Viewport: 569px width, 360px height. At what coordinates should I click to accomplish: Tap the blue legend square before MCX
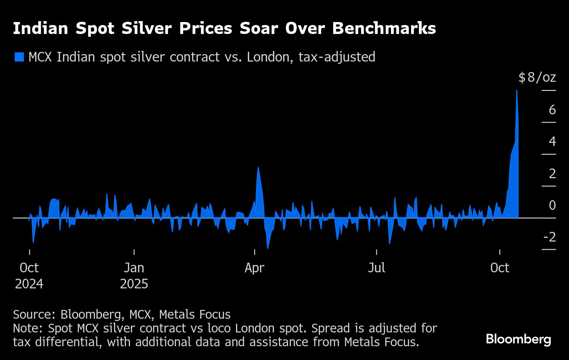[x=19, y=57]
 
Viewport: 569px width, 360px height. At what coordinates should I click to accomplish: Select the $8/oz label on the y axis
[x=537, y=78]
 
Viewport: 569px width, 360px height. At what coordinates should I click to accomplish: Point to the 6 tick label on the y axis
[x=552, y=110]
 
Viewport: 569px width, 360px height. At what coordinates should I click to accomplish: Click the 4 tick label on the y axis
[x=552, y=141]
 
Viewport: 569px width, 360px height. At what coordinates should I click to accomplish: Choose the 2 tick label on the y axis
[x=552, y=174]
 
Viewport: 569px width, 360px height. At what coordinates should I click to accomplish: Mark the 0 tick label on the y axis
[x=552, y=205]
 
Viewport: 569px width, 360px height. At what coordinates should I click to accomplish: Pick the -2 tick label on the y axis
[x=549, y=237]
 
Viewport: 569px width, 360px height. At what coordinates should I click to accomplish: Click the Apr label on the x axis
[x=254, y=268]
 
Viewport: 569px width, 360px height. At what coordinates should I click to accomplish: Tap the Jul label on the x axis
[x=376, y=268]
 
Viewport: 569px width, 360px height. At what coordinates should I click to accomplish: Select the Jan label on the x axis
[x=134, y=268]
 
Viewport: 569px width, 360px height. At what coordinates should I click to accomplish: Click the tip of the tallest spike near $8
[x=517, y=90]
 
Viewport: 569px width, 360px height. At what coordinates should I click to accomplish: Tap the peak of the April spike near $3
[x=258, y=168]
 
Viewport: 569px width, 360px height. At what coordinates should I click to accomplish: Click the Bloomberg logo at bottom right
[x=519, y=339]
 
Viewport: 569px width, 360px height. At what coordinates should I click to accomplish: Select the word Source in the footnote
[x=33, y=315]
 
